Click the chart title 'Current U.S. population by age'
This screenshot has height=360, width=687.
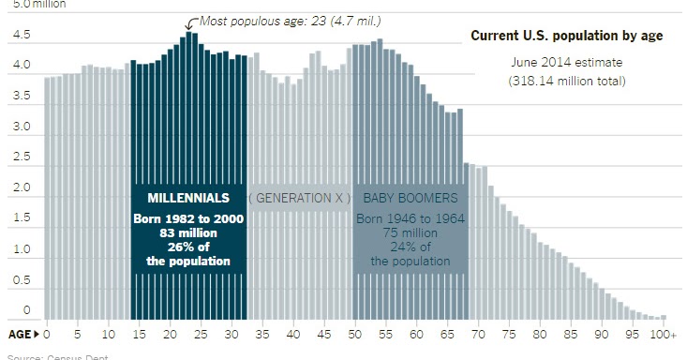pos(567,36)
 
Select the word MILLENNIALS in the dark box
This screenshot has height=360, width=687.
pos(188,198)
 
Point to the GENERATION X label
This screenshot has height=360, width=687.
pos(300,198)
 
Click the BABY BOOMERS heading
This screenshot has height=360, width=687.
pos(410,198)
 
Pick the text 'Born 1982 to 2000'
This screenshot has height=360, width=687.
pos(188,218)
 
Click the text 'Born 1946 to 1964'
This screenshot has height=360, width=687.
pos(410,218)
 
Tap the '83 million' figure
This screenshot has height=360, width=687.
pos(188,232)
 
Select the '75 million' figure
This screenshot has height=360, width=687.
pos(410,232)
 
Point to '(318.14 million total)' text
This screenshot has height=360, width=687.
pos(567,81)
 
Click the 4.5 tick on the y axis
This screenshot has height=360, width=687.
pos(21,36)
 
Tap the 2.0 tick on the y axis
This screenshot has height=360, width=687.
pos(21,188)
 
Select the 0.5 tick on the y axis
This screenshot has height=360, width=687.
pos(21,280)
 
